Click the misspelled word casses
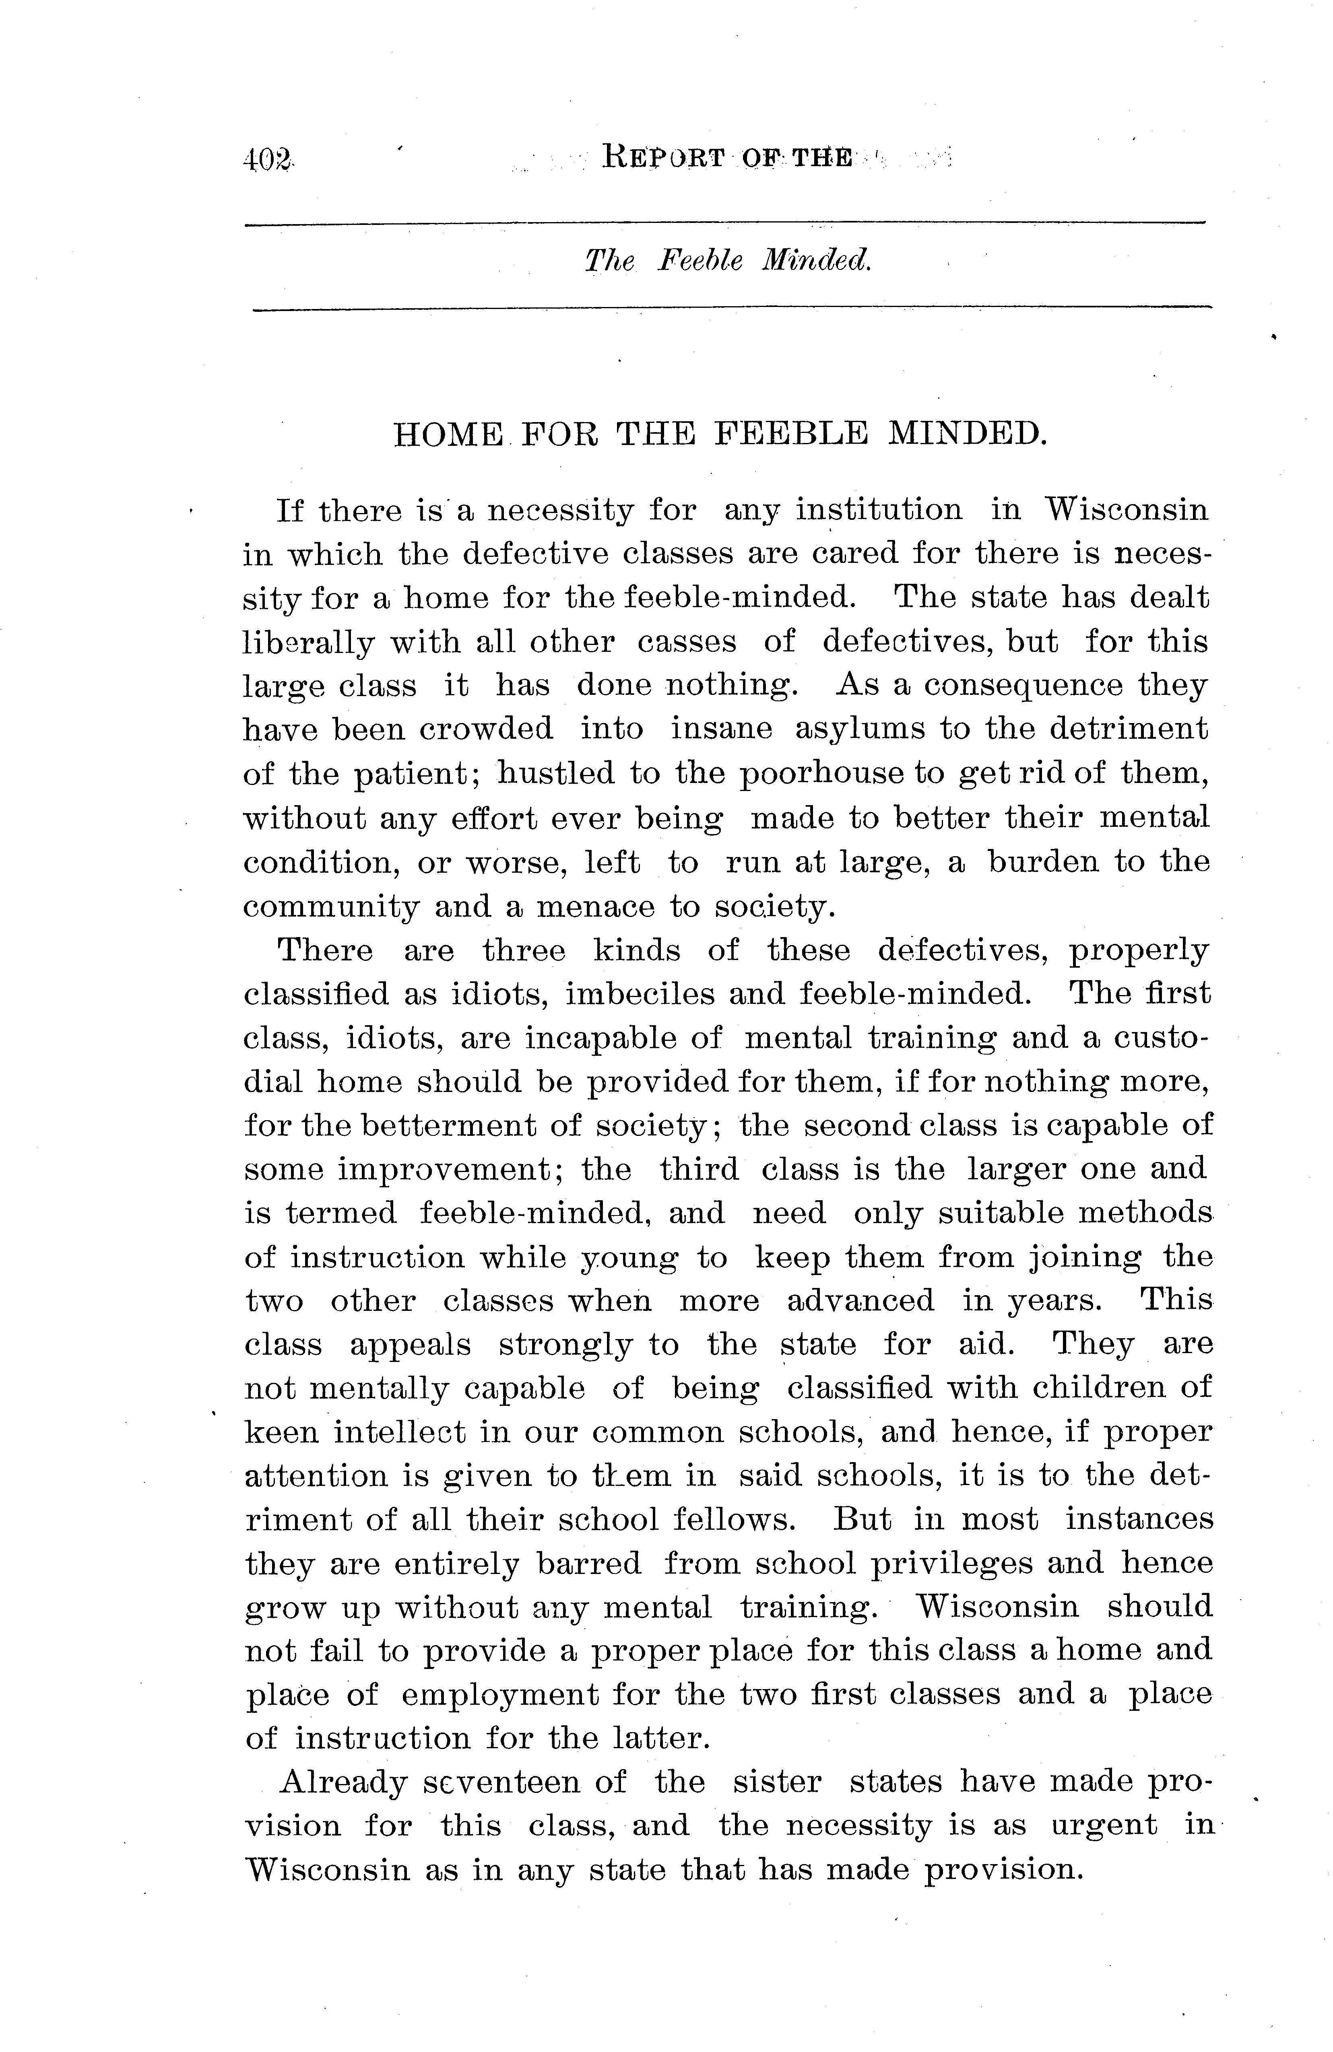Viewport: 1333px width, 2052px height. click(687, 642)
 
